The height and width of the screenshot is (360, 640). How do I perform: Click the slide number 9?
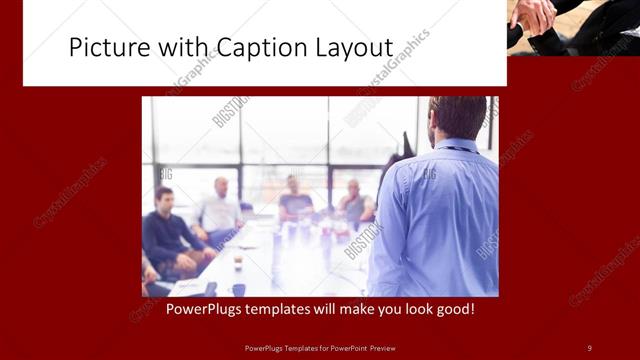pyautogui.click(x=589, y=347)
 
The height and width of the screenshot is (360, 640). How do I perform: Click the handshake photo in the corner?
pyautogui.click(x=573, y=27)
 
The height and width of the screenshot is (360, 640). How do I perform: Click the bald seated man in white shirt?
pyautogui.click(x=220, y=207)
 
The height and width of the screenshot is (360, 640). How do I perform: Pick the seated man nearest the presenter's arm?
pyautogui.click(x=354, y=202)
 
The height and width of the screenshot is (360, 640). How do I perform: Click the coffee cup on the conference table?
pyautogui.click(x=237, y=263)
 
